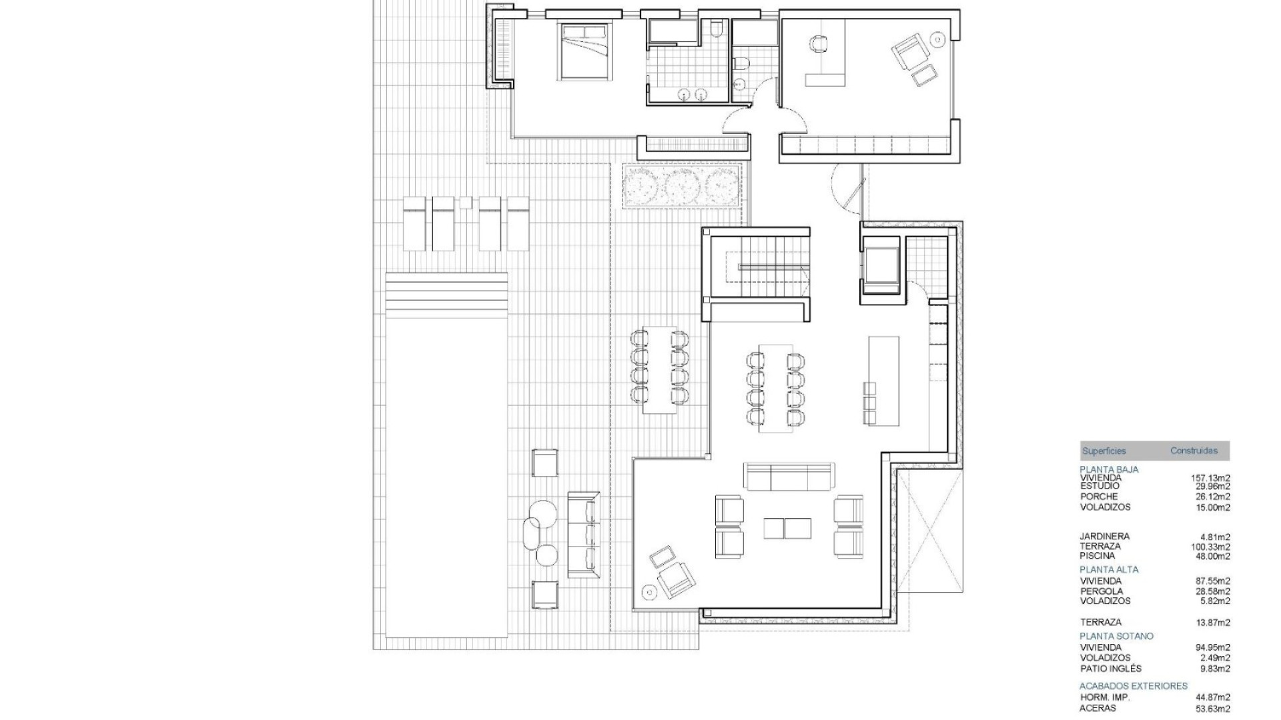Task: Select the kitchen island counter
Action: coord(883,380)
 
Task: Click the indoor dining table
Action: coord(775,388)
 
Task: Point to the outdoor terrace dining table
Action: coord(659,370)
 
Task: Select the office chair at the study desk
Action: coord(818,44)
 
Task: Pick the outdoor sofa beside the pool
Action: coord(583,535)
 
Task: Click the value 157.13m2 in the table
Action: coord(1210,478)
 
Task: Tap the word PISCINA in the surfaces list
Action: coord(1097,555)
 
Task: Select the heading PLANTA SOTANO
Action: coord(1116,636)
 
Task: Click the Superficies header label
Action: coord(1104,451)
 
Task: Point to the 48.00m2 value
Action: coord(1212,556)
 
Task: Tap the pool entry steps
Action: coord(446,288)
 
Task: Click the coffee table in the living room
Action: coord(788,528)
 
